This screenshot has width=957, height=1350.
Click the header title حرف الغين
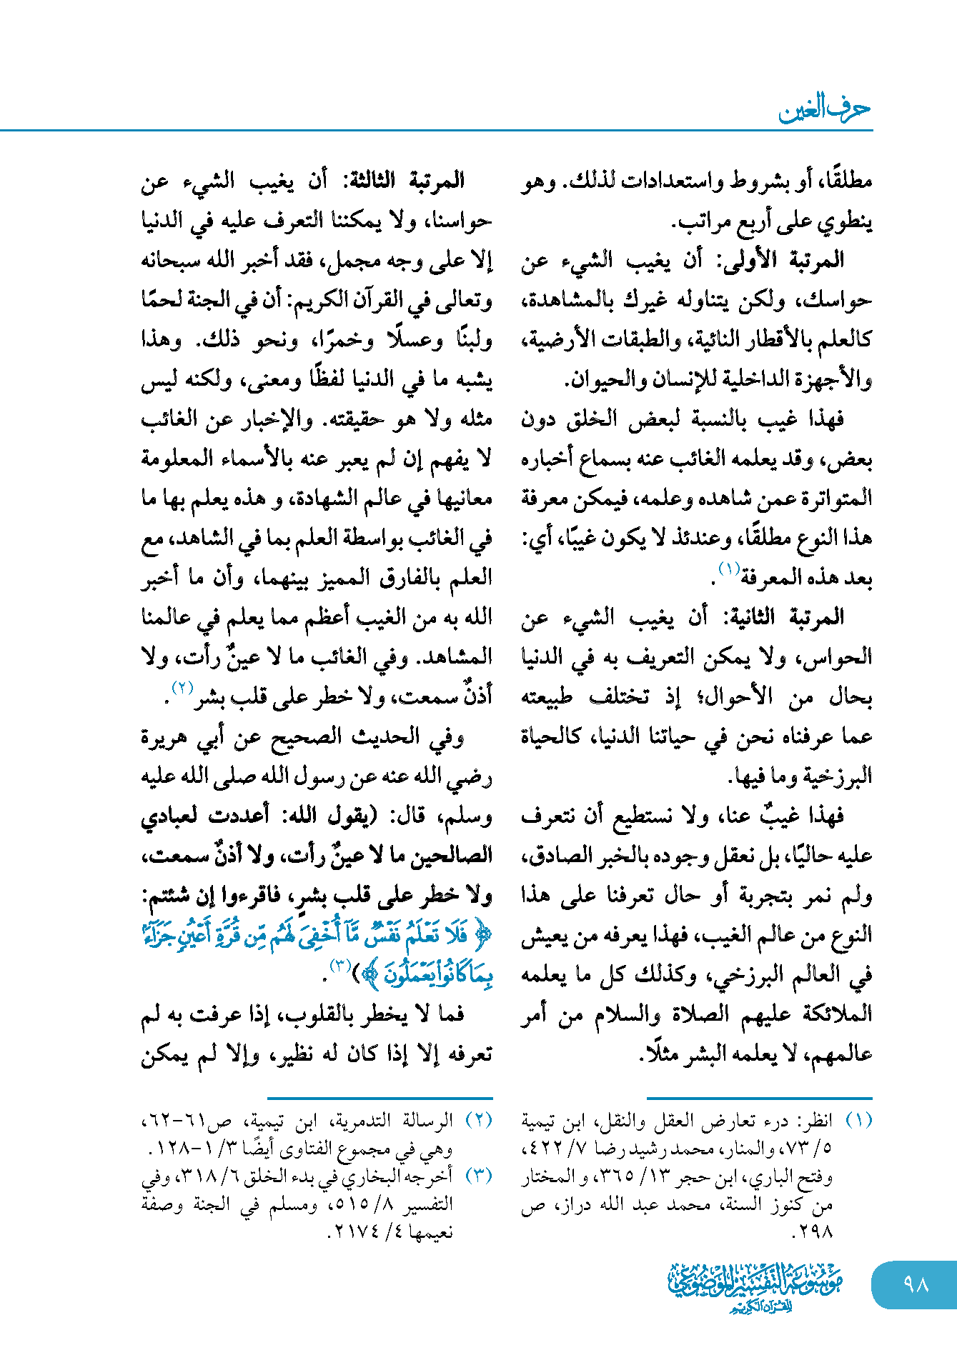[x=824, y=109]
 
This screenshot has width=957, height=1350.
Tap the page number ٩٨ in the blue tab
[x=916, y=1284]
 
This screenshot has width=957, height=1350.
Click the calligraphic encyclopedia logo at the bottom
[x=755, y=1286]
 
